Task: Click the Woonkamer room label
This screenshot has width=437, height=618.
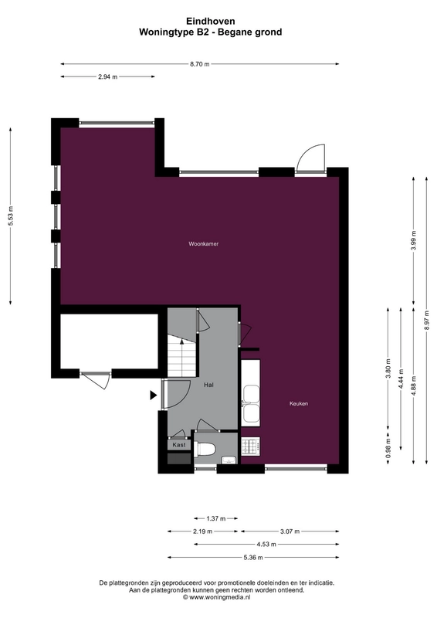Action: click(x=203, y=244)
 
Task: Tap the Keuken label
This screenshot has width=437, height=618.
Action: click(x=299, y=403)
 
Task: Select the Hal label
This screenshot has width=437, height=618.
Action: click(x=208, y=385)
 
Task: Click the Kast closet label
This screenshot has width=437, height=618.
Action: click(x=179, y=445)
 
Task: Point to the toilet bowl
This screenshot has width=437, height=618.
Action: click(x=205, y=449)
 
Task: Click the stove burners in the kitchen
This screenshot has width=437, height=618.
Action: click(x=251, y=446)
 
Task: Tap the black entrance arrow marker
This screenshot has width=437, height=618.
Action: click(x=154, y=395)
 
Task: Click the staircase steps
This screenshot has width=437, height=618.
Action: click(x=182, y=356)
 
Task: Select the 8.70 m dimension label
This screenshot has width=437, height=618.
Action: click(x=200, y=64)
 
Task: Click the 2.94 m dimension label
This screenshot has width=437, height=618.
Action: click(x=107, y=76)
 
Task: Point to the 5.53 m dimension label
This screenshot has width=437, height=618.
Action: click(x=11, y=216)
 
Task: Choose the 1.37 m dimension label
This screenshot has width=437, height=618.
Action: click(x=216, y=518)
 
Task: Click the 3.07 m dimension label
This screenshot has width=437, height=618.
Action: click(x=290, y=531)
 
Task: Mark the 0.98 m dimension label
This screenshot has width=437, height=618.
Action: click(x=388, y=448)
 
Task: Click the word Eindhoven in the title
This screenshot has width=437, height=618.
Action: click(x=211, y=22)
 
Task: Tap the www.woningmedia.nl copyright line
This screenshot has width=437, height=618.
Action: click(x=217, y=597)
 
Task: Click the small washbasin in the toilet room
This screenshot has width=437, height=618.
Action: click(x=229, y=460)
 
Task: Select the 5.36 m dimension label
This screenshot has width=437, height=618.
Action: click(x=253, y=558)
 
